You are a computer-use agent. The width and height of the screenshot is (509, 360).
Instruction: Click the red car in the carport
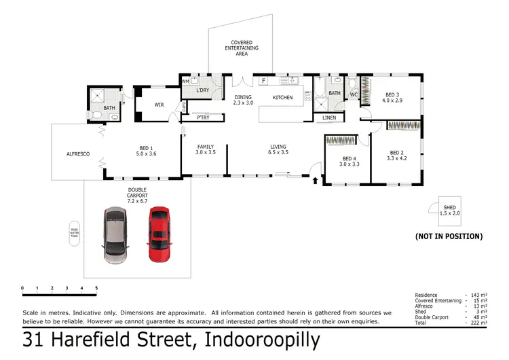tap(159, 234)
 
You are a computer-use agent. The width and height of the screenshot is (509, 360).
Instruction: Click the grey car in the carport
tap(115, 236)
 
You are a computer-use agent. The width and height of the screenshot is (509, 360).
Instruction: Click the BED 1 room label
tap(147, 151)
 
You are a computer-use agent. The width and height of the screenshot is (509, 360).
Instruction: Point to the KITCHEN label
tap(282, 98)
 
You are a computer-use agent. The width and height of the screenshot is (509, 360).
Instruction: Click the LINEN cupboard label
tap(329, 118)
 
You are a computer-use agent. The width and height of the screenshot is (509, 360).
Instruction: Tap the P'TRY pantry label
tap(202, 118)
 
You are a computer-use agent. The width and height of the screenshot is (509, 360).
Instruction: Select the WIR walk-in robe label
tap(159, 105)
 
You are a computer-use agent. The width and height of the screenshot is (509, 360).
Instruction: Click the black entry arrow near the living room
tap(315, 181)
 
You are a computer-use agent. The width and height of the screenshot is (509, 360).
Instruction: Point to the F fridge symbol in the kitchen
tap(263, 81)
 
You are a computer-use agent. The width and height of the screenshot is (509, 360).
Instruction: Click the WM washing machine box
tap(185, 82)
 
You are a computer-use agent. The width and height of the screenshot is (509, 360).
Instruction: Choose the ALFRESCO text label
tap(78, 154)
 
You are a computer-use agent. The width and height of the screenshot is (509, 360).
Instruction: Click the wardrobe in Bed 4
tap(341, 141)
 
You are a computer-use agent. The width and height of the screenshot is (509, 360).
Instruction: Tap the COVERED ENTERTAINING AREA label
tap(241, 48)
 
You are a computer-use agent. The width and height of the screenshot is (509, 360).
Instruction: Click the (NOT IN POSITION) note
tap(449, 236)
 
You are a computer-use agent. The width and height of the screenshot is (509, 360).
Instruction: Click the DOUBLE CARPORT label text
tap(136, 196)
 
